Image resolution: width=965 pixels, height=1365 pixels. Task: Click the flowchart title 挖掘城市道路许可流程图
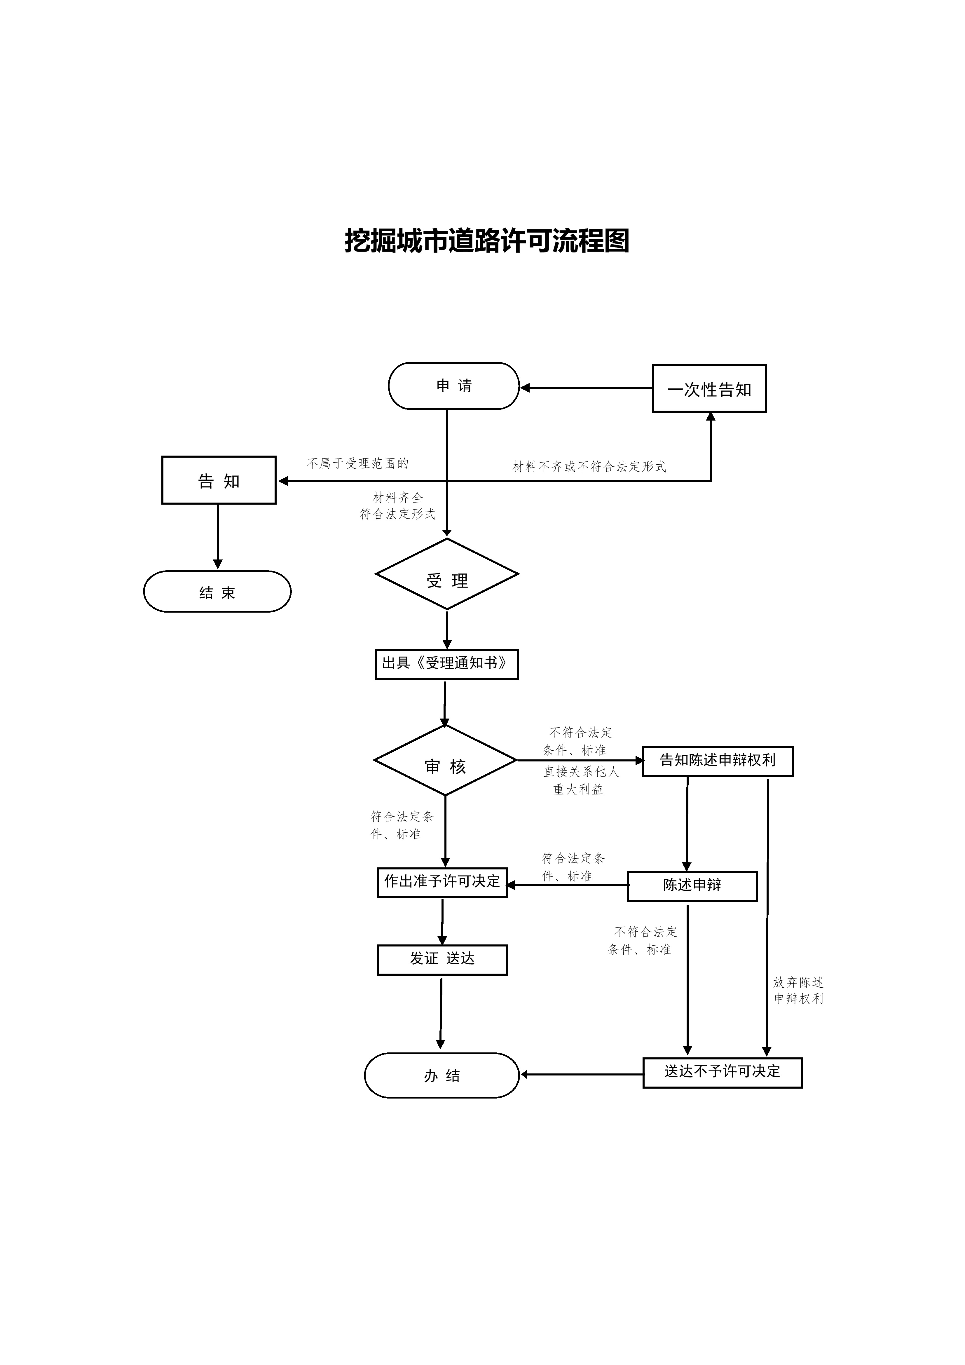(x=487, y=241)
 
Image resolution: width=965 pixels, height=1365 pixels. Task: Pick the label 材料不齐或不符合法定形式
(x=589, y=467)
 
